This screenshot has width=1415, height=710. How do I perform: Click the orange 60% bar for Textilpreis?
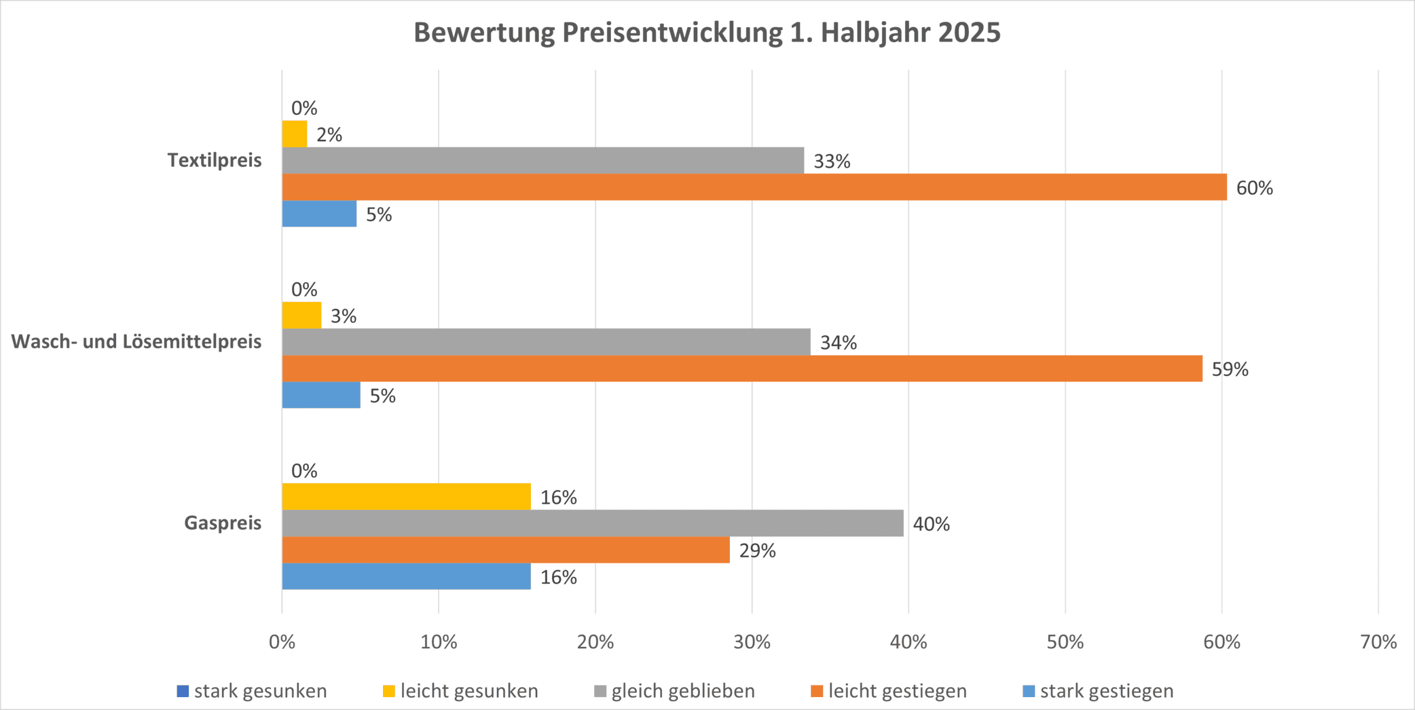[754, 187]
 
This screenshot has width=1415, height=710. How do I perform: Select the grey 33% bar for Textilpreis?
[543, 160]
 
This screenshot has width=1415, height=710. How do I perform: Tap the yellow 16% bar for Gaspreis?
[406, 496]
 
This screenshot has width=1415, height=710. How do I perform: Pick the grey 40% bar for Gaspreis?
[592, 523]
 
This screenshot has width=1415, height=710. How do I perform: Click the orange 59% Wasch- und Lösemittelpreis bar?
[741, 369]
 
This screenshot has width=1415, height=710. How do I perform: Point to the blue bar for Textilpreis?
[319, 214]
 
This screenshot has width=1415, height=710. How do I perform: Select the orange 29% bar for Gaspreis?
[505, 550]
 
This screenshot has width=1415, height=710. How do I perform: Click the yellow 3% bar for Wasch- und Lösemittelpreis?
[301, 315]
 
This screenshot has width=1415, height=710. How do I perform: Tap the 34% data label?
[838, 343]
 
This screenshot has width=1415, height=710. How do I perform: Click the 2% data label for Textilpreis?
[329, 135]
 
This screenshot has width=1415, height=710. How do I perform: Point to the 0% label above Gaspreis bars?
[304, 471]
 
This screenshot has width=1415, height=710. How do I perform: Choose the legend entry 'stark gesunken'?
[252, 691]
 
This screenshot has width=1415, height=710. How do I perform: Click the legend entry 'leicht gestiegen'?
[889, 691]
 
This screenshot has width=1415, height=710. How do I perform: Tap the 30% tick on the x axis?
[752, 642]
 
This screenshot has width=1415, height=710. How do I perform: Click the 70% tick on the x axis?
[1378, 642]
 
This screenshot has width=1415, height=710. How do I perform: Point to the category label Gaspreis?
[223, 523]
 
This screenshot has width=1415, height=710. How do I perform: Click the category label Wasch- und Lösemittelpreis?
[136, 341]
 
